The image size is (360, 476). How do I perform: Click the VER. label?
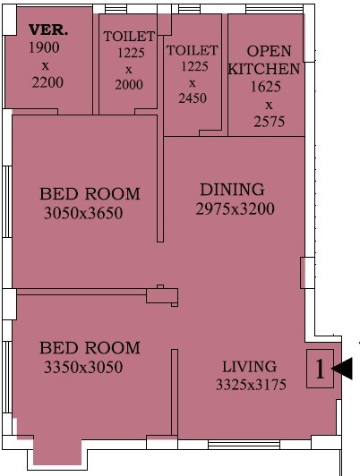click(48, 30)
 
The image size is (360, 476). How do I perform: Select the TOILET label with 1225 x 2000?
click(129, 37)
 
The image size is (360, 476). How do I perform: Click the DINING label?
click(232, 190)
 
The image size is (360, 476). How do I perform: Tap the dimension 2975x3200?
click(235, 209)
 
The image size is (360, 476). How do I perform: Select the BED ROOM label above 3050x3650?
click(90, 194)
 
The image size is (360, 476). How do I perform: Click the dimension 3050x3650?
click(83, 213)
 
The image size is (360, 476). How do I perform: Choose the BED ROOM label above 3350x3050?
click(90, 348)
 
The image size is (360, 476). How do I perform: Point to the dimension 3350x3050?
click(83, 367)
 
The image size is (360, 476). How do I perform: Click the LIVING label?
click(250, 366)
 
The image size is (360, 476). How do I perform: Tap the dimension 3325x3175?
click(249, 386)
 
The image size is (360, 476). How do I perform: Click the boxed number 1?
click(320, 368)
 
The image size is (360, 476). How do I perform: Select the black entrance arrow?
click(344, 368)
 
